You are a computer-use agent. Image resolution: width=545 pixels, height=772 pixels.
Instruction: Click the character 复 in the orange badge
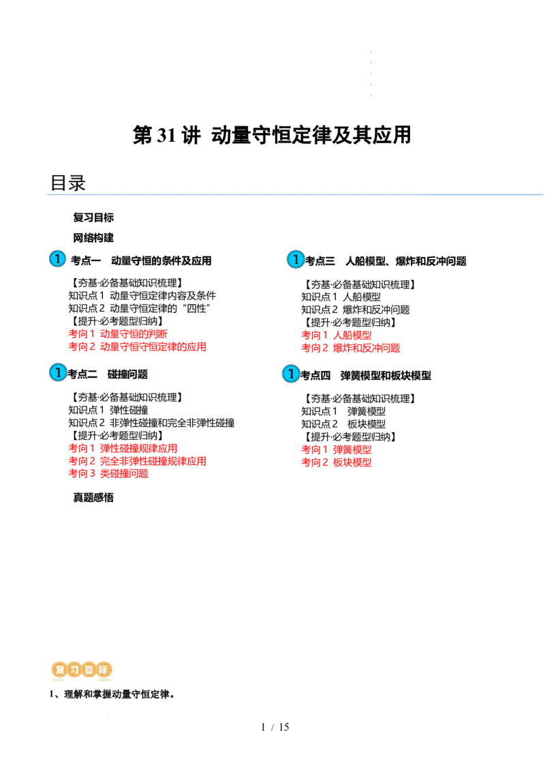59,670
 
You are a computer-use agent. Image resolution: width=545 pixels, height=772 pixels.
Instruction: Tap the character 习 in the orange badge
74,670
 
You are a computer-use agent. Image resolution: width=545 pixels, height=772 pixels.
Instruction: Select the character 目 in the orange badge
89,670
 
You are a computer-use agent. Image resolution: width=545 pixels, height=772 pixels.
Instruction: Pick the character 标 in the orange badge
104,670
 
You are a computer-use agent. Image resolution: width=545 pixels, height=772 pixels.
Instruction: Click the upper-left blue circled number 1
57,258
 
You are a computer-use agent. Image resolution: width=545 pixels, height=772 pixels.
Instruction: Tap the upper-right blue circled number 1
295,259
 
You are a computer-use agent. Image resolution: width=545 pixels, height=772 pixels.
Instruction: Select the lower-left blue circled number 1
58,372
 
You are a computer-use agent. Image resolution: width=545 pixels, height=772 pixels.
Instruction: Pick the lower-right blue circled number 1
291,374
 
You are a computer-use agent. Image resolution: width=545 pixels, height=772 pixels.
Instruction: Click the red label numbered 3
109,473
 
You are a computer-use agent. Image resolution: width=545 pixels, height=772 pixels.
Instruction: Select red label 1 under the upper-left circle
118,334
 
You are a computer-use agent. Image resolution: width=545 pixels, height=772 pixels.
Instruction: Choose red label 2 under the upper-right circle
351,348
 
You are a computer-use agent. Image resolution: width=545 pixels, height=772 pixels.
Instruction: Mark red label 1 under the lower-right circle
337,449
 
